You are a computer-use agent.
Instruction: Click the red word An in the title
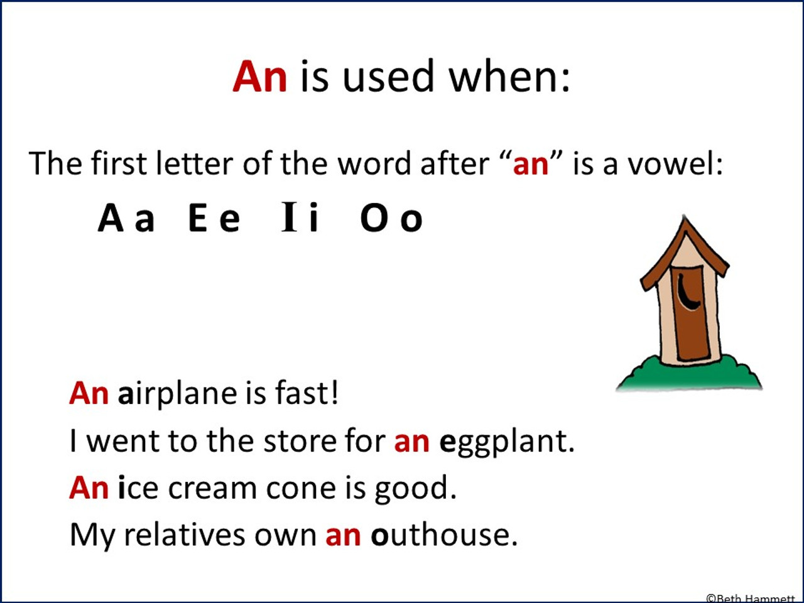click(259, 77)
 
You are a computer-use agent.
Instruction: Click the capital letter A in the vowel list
click(111, 219)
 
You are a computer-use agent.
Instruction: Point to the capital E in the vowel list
click(198, 219)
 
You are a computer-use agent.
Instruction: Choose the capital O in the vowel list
click(374, 219)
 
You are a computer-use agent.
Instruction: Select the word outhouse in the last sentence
click(443, 535)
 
